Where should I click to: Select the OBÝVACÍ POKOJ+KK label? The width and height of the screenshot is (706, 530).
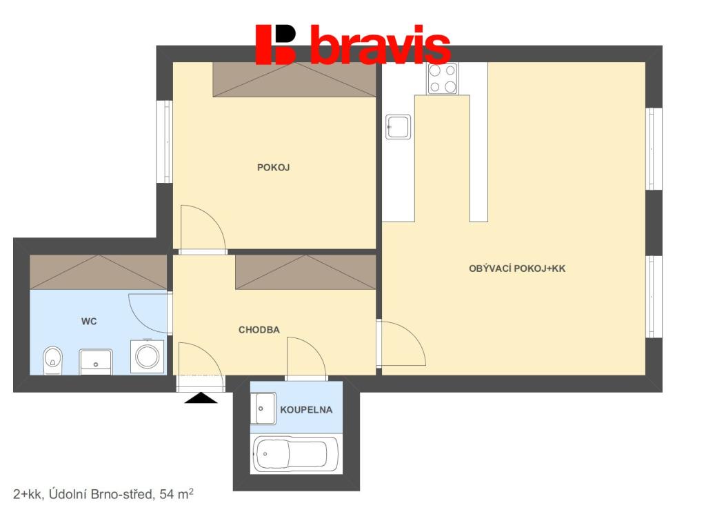click(x=516, y=269)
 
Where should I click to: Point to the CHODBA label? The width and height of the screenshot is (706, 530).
click(x=259, y=330)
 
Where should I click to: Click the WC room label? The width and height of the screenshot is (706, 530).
click(x=89, y=321)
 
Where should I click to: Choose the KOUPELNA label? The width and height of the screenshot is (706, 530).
click(x=306, y=410)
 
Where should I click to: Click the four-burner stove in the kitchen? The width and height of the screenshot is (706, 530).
click(x=443, y=78)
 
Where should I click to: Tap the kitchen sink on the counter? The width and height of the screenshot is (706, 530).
click(x=399, y=127)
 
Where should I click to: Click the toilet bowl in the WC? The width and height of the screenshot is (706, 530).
click(x=52, y=360)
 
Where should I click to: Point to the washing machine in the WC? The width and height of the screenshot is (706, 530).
click(x=148, y=356)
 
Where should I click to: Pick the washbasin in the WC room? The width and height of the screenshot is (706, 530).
click(x=96, y=361)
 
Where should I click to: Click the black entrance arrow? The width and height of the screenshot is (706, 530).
click(x=201, y=397)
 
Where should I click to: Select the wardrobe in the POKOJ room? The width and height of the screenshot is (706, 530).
click(x=294, y=79)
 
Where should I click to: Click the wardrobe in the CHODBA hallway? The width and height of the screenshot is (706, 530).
click(x=306, y=272)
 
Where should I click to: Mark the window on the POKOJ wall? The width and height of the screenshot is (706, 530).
click(x=164, y=141)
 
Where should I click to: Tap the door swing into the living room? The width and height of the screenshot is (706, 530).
click(x=402, y=343)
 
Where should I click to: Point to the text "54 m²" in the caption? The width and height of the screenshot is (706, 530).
click(x=176, y=494)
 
